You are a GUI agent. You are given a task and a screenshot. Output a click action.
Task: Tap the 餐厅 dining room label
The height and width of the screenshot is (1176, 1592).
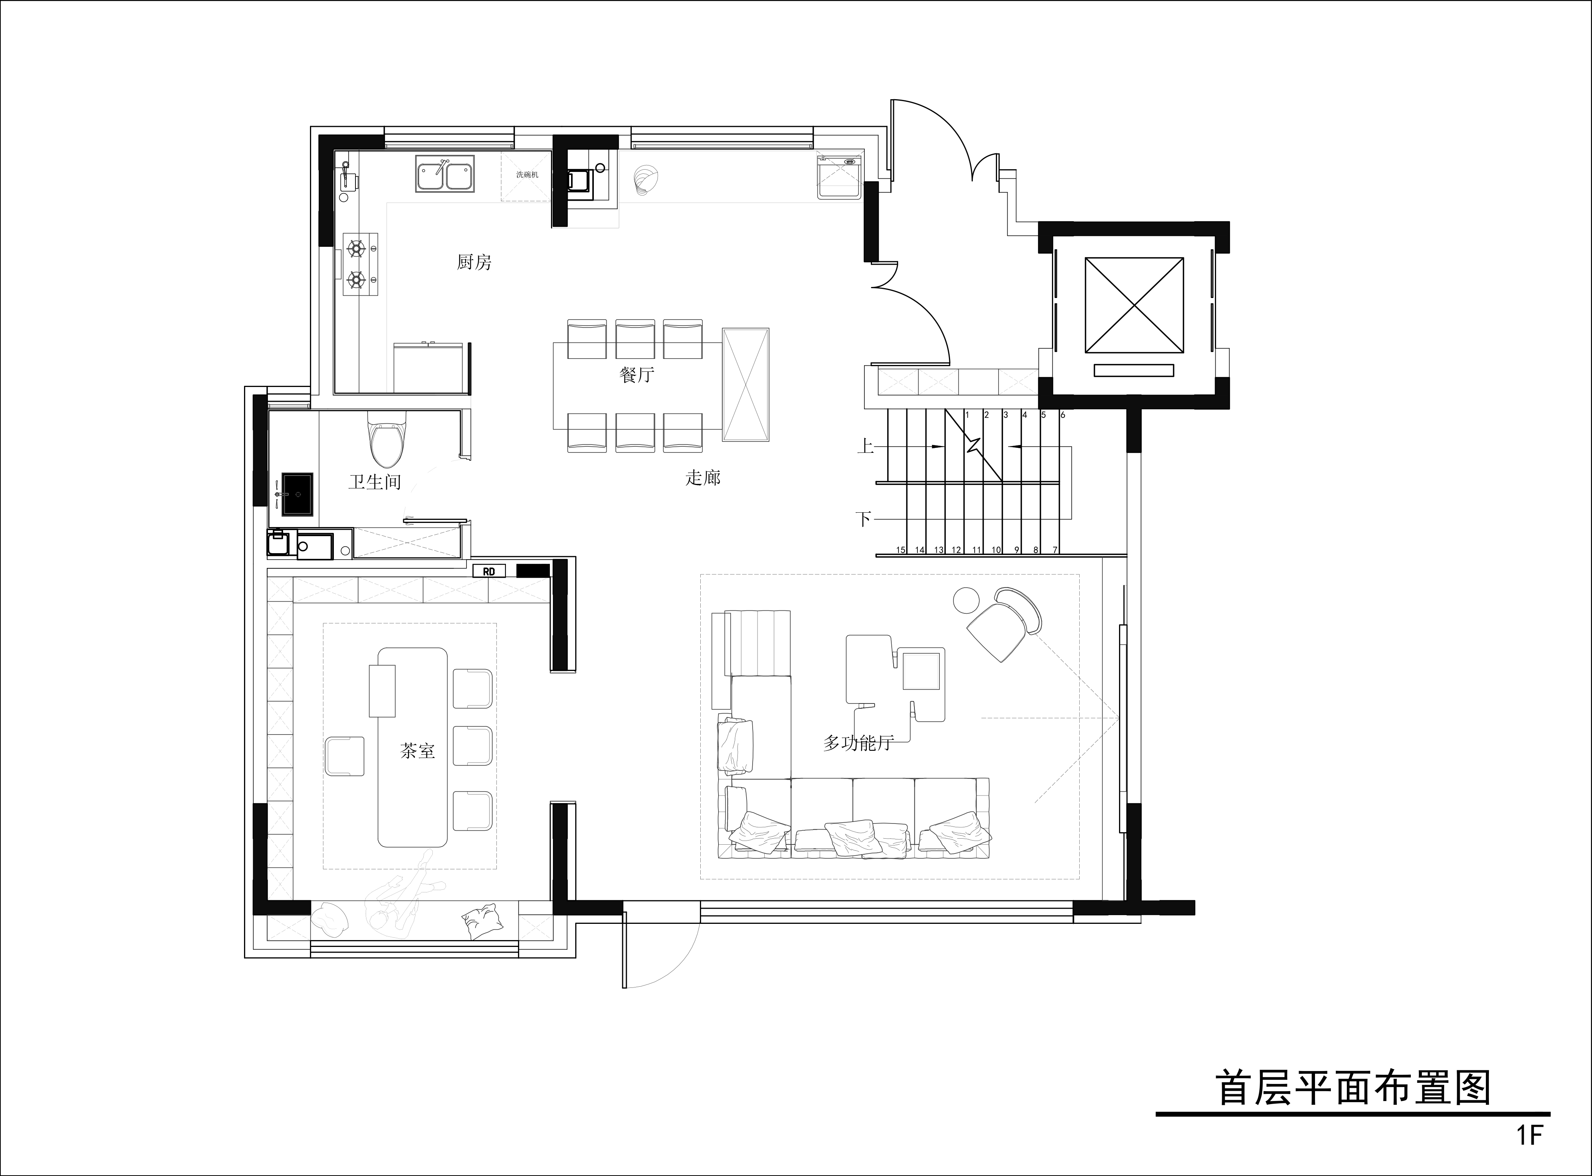637,375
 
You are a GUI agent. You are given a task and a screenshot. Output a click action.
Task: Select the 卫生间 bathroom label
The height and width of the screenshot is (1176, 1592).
375,482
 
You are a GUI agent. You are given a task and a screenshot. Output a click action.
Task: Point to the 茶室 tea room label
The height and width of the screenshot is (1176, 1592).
417,751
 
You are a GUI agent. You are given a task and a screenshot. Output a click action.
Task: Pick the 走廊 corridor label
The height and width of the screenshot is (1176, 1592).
703,478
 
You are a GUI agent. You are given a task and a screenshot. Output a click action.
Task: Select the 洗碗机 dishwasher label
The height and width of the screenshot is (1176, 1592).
528,175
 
